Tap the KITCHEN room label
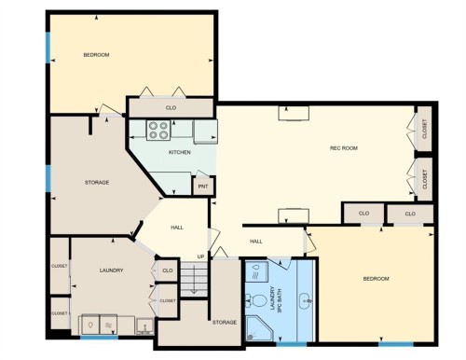[179, 152]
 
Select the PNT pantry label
[202, 187]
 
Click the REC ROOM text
[344, 148]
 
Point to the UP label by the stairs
[200, 256]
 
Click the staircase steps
[193, 278]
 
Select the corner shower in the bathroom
[256, 327]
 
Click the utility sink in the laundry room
[145, 326]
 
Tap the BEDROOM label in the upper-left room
[96, 55]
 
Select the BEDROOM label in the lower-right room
[376, 279]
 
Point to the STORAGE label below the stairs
[224, 323]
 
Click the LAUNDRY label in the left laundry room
[111, 270]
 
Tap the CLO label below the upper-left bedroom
[171, 108]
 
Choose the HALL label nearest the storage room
[176, 228]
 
